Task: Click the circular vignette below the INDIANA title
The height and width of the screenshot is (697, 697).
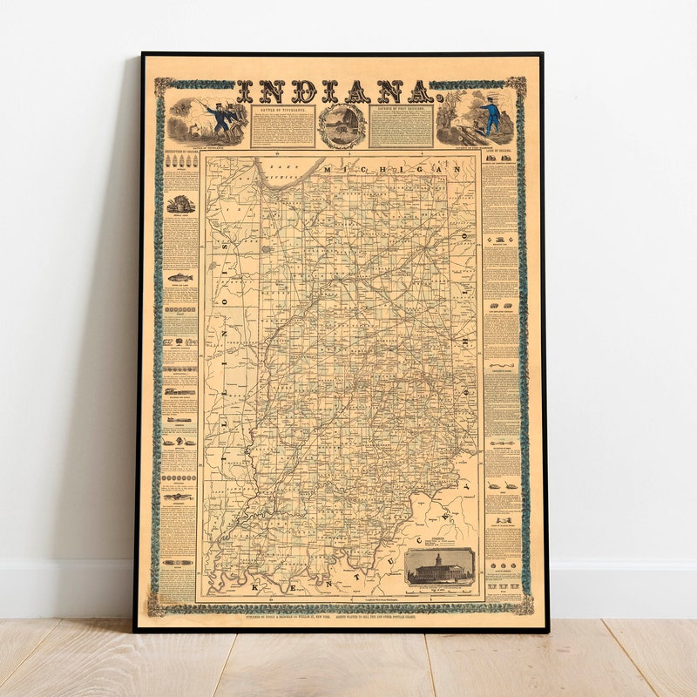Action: pyautogui.click(x=342, y=125)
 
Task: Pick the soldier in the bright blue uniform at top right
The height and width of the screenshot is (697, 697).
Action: pyautogui.click(x=493, y=116)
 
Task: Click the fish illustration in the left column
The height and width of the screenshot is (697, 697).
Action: pyautogui.click(x=180, y=278)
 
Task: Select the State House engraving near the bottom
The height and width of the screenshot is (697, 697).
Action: pyautogui.click(x=439, y=567)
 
